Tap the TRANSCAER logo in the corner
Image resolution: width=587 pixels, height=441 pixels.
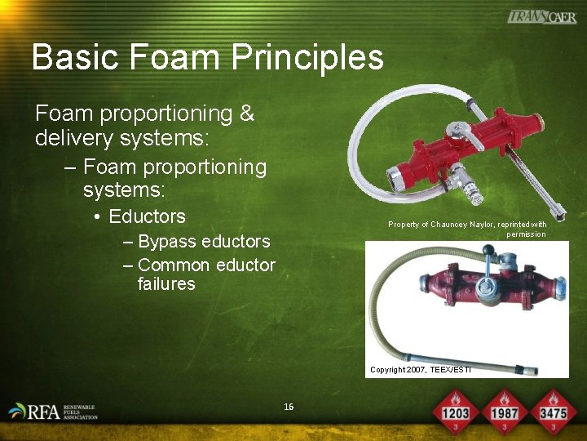click(x=541, y=16)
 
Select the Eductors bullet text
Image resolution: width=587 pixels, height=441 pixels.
click(x=147, y=216)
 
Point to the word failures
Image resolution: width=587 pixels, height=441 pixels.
click(x=166, y=284)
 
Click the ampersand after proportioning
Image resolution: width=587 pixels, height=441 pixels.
click(x=247, y=114)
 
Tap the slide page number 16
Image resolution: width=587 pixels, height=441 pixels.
click(x=289, y=407)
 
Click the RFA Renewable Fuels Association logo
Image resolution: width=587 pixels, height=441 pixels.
click(x=53, y=412)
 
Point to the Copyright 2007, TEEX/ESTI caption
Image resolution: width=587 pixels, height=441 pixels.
click(x=421, y=370)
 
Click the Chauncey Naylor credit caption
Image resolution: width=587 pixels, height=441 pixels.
click(x=467, y=229)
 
